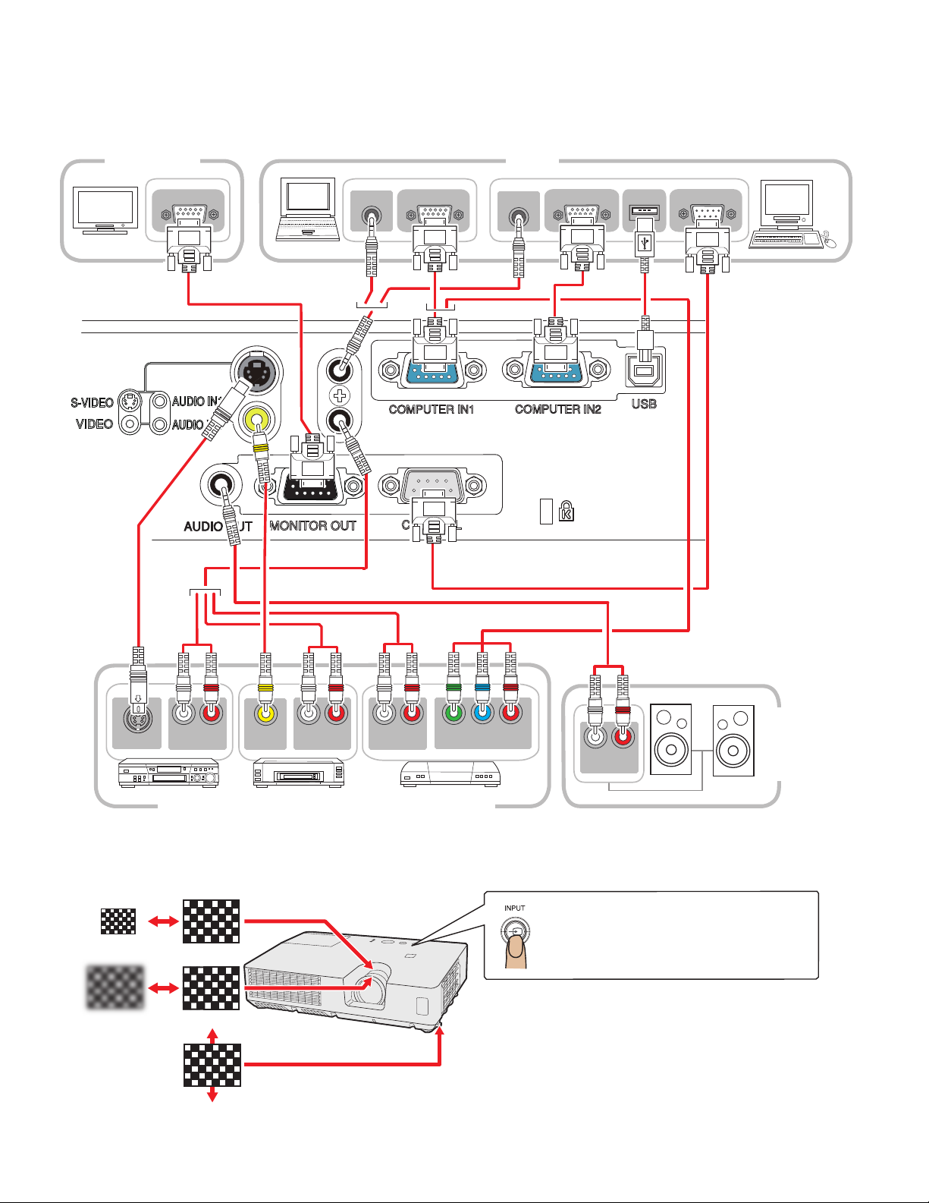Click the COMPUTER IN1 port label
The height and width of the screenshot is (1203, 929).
(431, 409)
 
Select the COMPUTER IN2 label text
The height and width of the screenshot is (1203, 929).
(557, 409)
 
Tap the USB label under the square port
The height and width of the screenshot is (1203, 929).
(644, 404)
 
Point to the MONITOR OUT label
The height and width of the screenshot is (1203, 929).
(312, 525)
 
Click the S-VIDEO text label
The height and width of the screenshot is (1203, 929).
(93, 403)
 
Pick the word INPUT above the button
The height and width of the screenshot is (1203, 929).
(515, 908)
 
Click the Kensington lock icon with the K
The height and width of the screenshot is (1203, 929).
(567, 512)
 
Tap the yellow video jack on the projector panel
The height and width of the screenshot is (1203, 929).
(258, 417)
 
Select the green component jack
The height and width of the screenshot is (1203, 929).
(454, 713)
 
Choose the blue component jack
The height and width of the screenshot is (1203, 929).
(482, 713)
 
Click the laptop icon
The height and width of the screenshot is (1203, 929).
(308, 209)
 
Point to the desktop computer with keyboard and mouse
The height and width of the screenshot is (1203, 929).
(789, 216)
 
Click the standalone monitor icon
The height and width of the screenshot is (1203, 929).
(105, 209)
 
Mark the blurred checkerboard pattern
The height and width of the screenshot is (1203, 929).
(115, 987)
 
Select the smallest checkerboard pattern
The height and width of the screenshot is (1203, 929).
(118, 921)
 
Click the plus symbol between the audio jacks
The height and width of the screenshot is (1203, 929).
(340, 395)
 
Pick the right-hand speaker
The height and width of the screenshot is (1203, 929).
(733, 740)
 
